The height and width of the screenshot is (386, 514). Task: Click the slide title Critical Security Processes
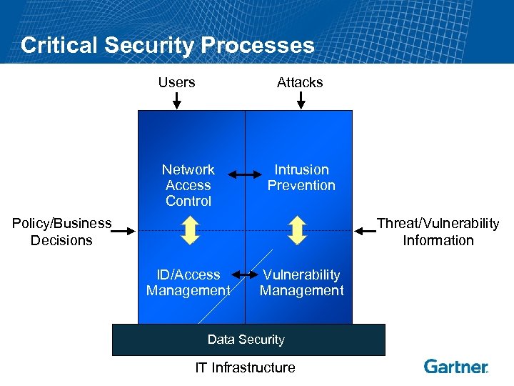tap(167, 45)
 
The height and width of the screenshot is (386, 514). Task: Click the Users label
tap(176, 82)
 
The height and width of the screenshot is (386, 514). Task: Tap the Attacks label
tap(300, 82)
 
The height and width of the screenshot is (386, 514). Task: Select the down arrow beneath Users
tap(177, 100)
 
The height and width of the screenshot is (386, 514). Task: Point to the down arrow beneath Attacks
tap(301, 100)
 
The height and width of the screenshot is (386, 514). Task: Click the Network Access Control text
tap(188, 185)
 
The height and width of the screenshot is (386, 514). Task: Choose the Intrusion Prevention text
tap(301, 177)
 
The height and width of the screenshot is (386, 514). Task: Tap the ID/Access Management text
tap(188, 282)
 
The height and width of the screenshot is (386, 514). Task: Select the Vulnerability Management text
tap(301, 282)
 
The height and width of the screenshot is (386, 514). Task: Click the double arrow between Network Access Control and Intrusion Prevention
tap(244, 174)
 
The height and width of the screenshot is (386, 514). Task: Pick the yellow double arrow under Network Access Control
tap(190, 230)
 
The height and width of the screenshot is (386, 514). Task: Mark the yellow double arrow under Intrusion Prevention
tap(298, 230)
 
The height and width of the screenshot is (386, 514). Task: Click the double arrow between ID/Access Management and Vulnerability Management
tap(244, 275)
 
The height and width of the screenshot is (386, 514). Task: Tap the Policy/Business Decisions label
tap(62, 232)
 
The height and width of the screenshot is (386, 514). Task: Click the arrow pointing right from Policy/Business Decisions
tap(124, 231)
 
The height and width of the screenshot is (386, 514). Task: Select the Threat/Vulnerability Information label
tap(438, 232)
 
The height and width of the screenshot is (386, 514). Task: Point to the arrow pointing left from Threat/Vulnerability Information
tap(365, 231)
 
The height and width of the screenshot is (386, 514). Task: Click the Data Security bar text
tap(246, 340)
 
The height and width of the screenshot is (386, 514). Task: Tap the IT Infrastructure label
tap(245, 367)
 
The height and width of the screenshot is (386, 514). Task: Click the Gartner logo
tap(456, 367)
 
